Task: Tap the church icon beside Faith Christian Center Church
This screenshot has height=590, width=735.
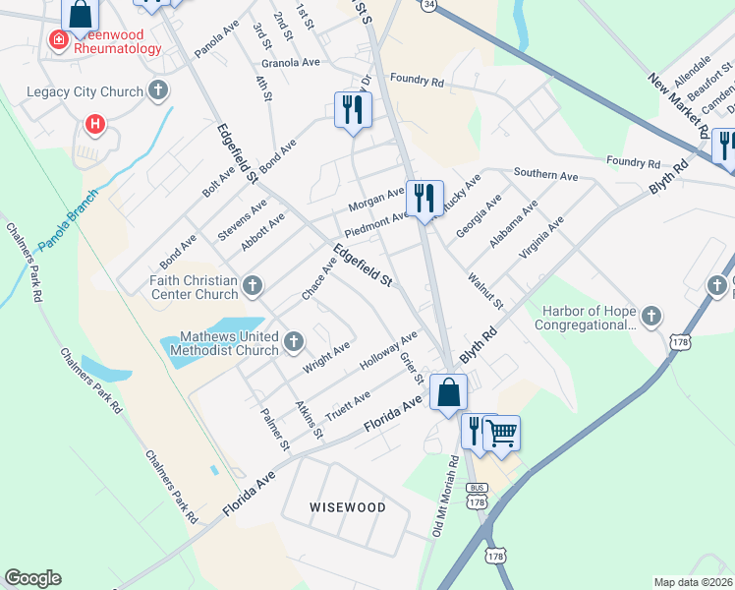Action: [x=253, y=286]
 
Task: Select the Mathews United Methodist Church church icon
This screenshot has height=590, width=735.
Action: [x=293, y=342]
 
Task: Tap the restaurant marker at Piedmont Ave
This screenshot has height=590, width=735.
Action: [x=424, y=198]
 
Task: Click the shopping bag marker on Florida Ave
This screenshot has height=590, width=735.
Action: [x=448, y=391]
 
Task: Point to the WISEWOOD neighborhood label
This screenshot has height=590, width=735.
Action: [x=347, y=507]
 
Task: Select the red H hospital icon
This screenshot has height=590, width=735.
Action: [x=95, y=124]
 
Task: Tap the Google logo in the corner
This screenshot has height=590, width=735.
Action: [x=32, y=578]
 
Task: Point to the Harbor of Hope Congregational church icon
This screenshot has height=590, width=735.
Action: [x=652, y=317]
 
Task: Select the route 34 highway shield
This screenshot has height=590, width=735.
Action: [x=428, y=5]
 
